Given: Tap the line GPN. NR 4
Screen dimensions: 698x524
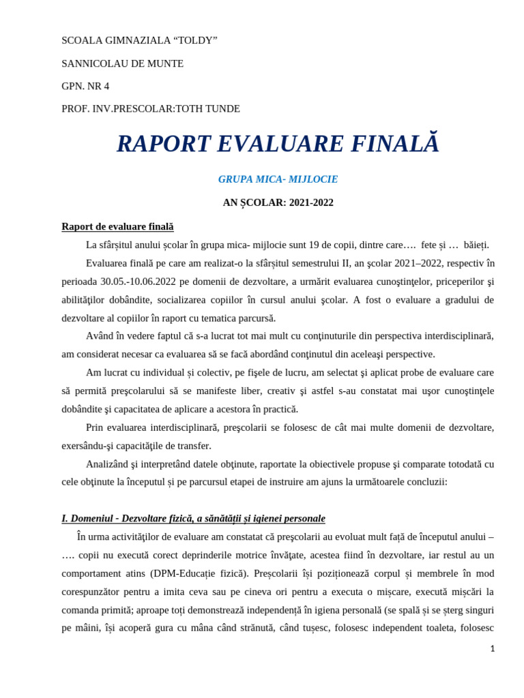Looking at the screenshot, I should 85,86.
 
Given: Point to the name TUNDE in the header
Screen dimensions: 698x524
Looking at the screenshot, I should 222,108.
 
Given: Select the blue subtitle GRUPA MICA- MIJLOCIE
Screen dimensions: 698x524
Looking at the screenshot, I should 278,179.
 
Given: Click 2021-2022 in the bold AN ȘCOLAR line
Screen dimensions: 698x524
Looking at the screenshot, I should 311,202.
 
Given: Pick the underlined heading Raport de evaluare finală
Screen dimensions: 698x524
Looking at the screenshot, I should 117,226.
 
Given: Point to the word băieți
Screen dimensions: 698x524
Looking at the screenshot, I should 476,245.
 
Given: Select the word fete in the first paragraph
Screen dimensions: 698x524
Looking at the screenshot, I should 428,245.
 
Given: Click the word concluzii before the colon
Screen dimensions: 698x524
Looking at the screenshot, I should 424,482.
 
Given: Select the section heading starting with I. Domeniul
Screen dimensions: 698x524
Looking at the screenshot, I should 193,518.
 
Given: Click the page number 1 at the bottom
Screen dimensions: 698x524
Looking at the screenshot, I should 493,648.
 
